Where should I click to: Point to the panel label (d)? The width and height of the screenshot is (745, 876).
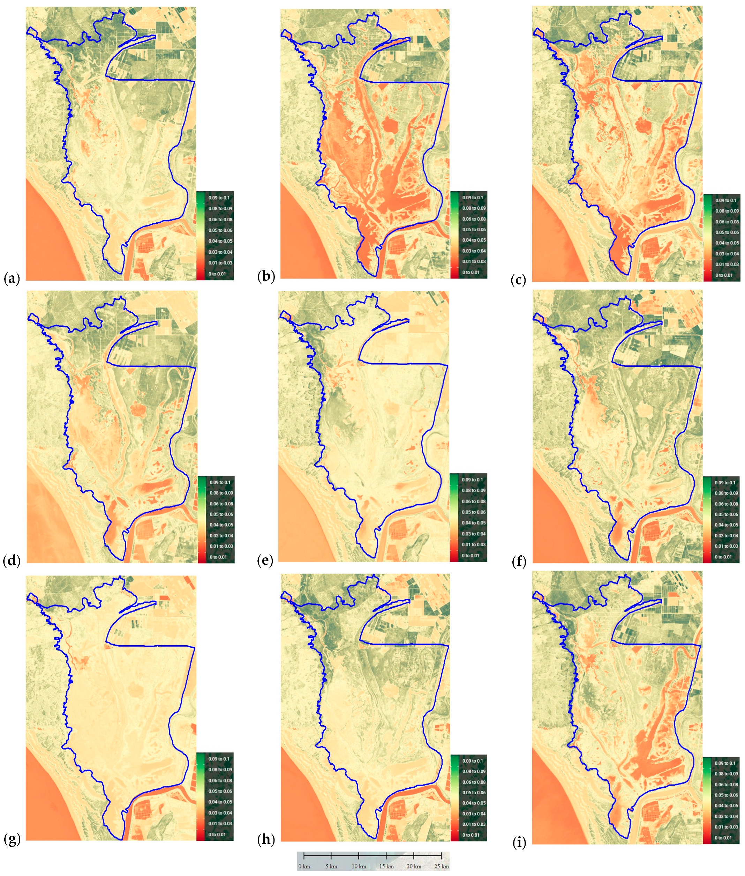tap(12, 561)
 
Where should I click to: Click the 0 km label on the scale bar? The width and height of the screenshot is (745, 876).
tap(304, 866)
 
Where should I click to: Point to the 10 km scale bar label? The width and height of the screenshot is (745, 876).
tap(359, 866)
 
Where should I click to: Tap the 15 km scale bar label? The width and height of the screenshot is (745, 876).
tap(386, 866)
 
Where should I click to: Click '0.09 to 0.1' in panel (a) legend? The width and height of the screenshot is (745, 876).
tap(219, 198)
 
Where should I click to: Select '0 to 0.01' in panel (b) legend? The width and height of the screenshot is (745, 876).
tap(471, 272)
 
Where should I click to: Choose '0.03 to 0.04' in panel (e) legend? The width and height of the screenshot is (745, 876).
tap(473, 534)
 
